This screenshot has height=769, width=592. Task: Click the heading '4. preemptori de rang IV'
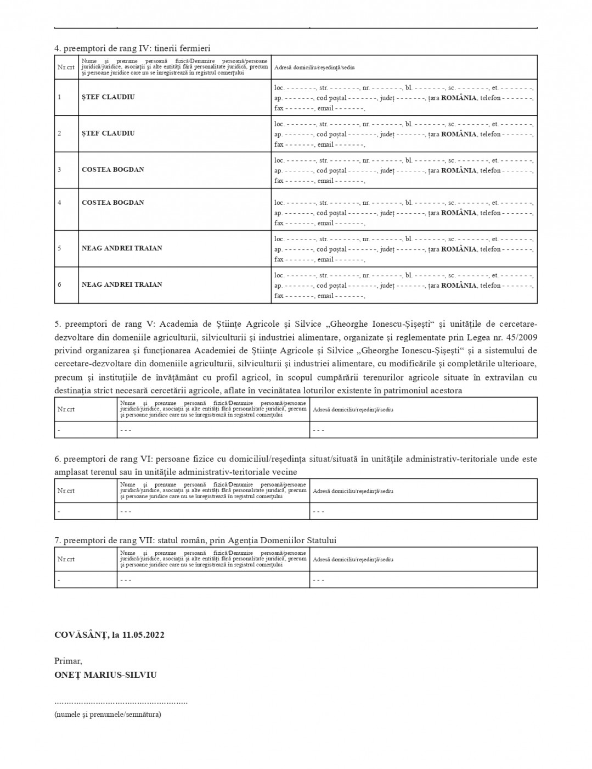132,48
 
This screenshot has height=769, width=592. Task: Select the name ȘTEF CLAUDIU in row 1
108,97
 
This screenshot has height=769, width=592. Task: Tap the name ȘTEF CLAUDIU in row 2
108,133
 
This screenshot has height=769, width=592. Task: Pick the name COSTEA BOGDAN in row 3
113,170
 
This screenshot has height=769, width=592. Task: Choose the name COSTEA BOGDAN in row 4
113,203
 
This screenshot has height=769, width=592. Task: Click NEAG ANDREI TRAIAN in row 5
122,248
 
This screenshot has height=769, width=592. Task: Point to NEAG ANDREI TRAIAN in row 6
122,285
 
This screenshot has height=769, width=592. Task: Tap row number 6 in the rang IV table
59,285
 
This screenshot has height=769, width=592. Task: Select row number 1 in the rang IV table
59,97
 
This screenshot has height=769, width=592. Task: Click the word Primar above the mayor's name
67,661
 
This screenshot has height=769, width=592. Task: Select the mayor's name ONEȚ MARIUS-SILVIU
105,675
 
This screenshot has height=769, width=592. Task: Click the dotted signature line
121,702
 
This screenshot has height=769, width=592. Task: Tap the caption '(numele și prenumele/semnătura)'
108,715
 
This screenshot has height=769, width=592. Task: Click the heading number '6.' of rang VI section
58,459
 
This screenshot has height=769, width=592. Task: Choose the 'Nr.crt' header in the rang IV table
66,67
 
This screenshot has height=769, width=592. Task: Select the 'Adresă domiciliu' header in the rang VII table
353,560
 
